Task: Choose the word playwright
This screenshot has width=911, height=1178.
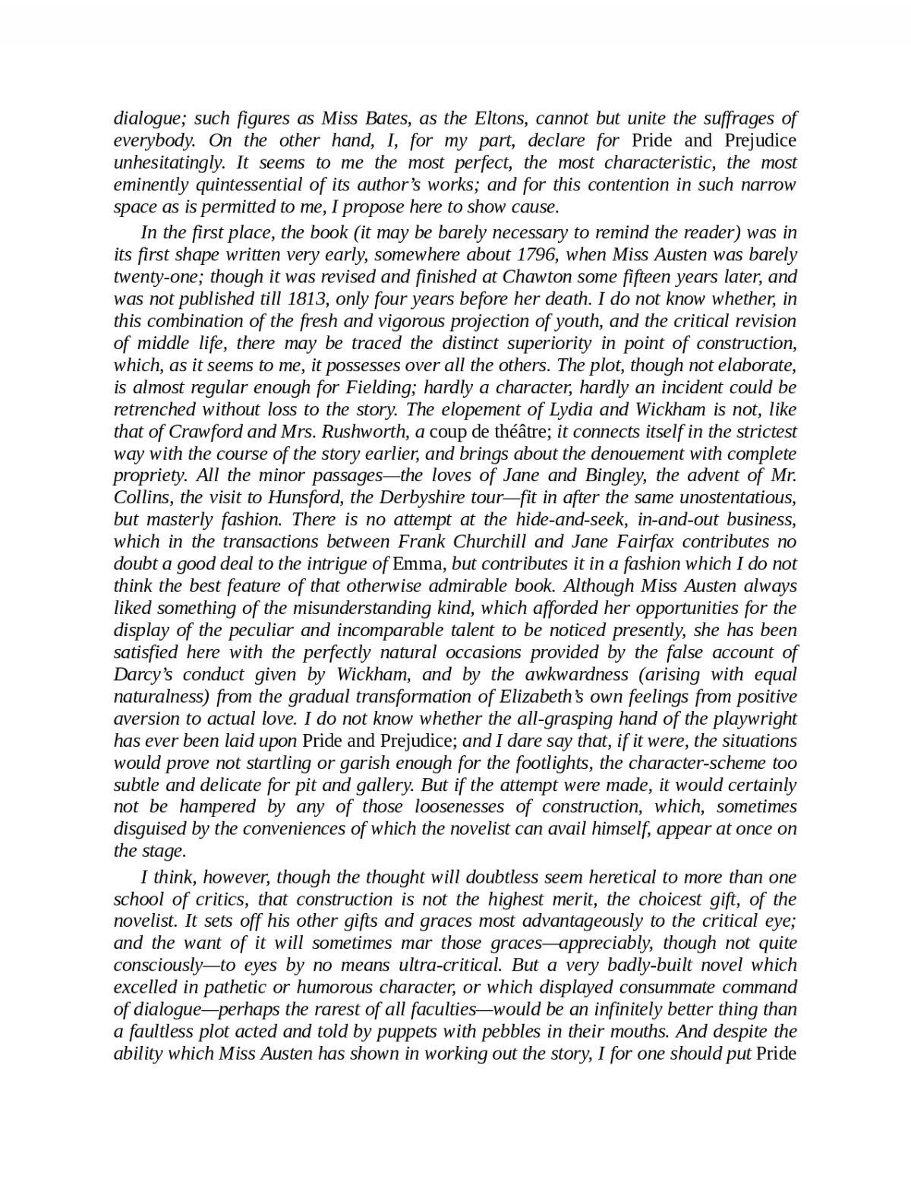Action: (752, 718)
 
